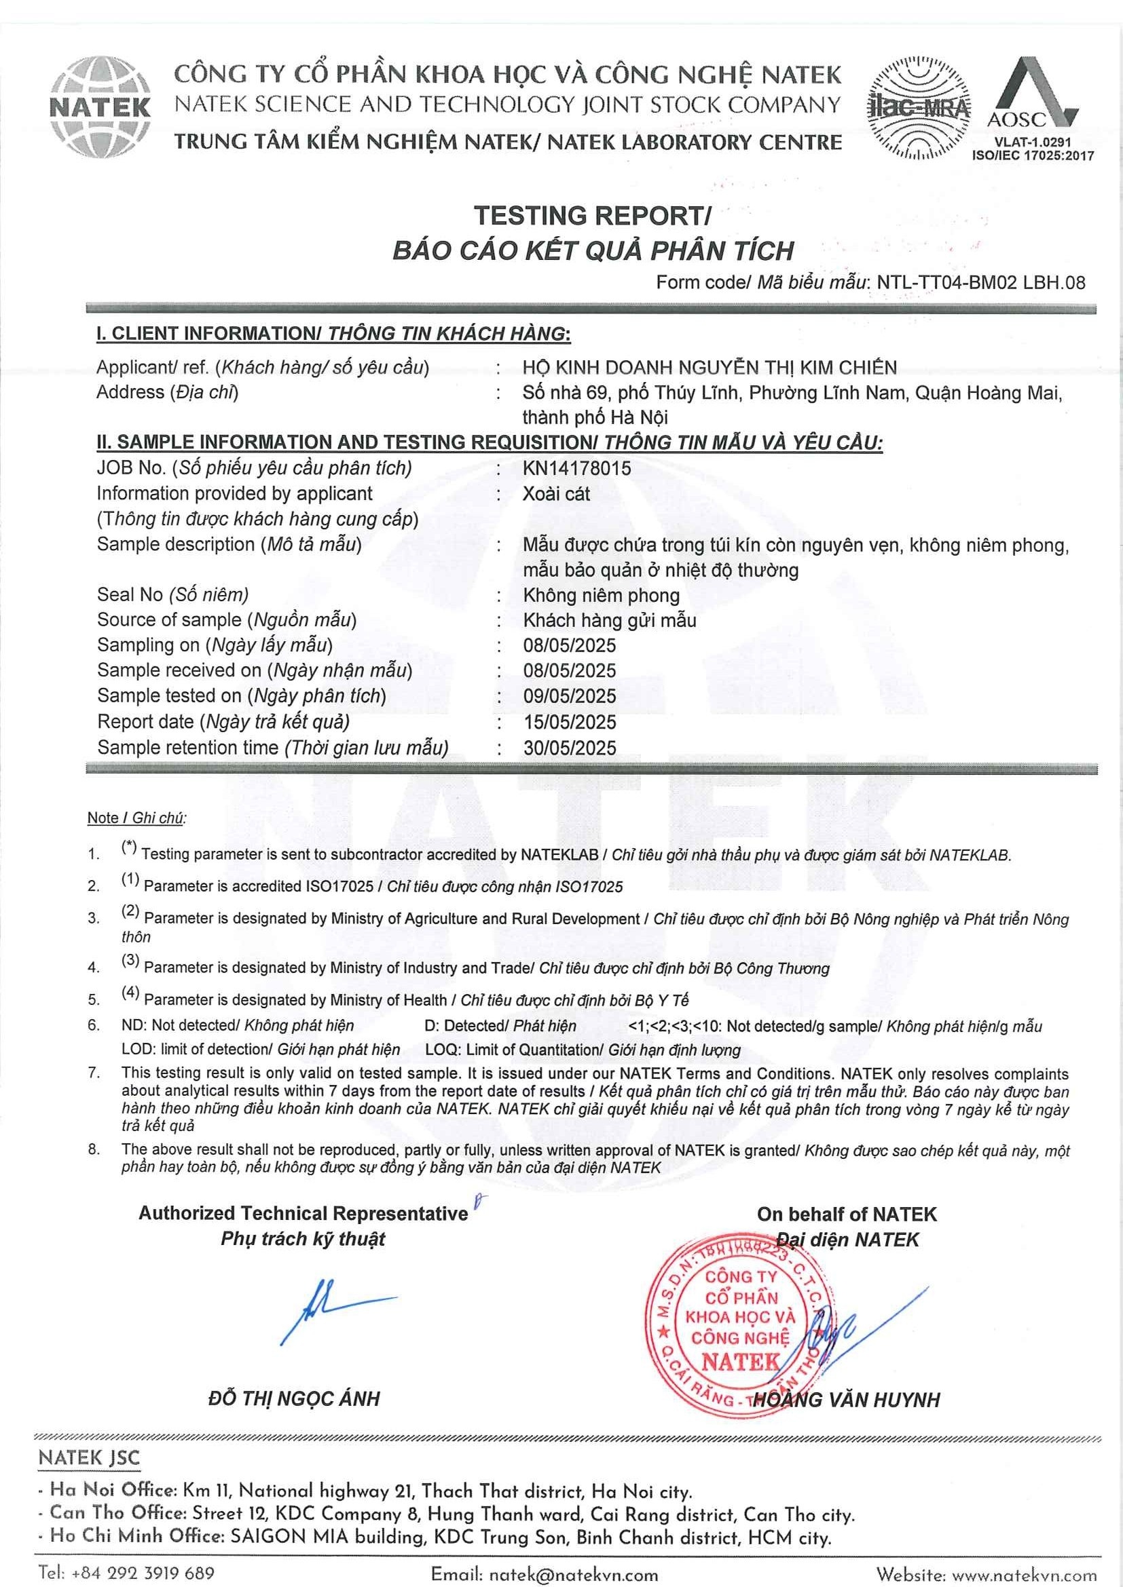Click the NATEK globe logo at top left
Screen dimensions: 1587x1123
click(x=101, y=107)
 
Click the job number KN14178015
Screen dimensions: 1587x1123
click(x=576, y=468)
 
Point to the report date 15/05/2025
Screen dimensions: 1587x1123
click(x=569, y=722)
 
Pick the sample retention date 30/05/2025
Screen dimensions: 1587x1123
click(x=569, y=747)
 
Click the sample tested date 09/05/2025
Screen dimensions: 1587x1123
click(x=569, y=696)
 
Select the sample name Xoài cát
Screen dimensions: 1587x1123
click(x=556, y=493)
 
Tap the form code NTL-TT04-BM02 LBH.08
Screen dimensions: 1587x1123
click(x=980, y=282)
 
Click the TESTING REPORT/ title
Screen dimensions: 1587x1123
click(x=592, y=216)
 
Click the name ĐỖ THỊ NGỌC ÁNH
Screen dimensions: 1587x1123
click(x=294, y=1399)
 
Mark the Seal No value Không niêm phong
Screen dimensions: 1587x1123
click(x=601, y=595)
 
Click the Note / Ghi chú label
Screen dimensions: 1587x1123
click(x=136, y=818)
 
